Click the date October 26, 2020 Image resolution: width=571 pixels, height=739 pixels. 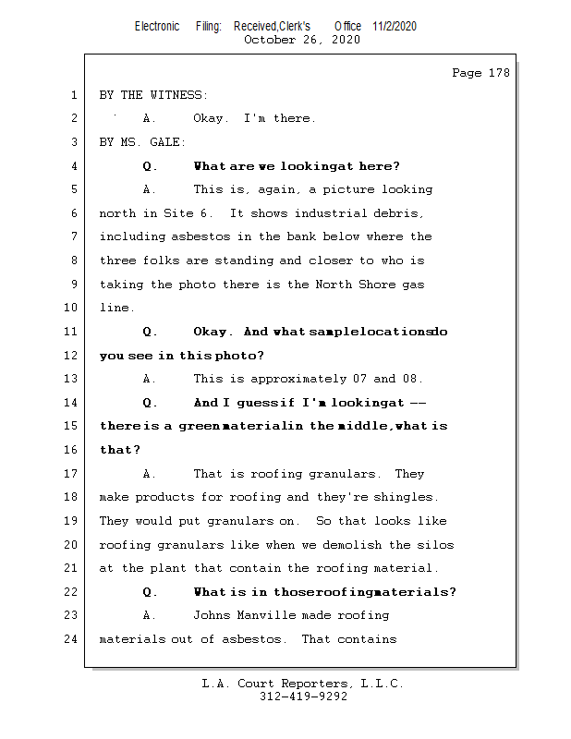point(302,40)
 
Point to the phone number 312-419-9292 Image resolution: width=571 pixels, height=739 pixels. point(303,697)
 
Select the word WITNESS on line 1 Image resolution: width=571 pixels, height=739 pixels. point(178,95)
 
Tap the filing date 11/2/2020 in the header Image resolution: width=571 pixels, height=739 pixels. point(395,26)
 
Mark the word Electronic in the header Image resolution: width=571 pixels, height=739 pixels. point(157,26)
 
